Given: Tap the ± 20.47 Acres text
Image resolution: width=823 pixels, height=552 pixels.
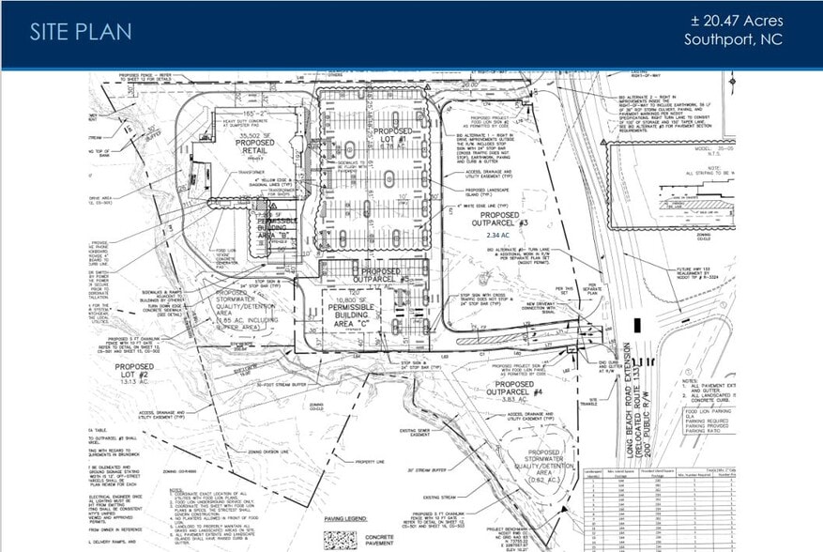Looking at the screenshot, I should (735, 21).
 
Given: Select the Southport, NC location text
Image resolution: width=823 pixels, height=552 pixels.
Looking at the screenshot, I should (733, 40).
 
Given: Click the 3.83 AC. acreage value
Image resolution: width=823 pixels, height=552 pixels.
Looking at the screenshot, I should (535, 399).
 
